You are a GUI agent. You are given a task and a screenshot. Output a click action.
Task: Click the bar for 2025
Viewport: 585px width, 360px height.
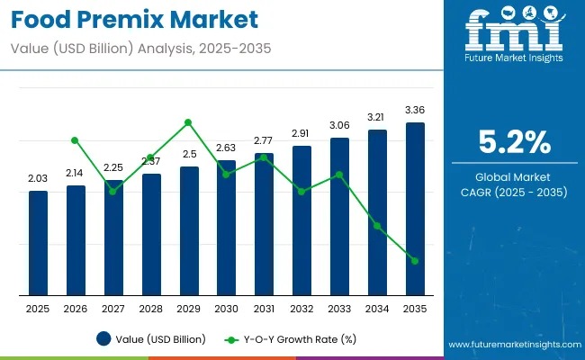coord(38,243)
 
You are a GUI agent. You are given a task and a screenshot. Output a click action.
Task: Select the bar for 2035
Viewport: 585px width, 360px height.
coord(415,209)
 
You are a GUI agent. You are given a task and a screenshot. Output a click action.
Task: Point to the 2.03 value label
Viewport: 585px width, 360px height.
coord(38,179)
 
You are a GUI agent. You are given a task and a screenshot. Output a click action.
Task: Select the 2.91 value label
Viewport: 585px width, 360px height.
coord(301,133)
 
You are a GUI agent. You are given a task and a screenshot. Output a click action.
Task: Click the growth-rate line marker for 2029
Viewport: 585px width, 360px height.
coord(188,122)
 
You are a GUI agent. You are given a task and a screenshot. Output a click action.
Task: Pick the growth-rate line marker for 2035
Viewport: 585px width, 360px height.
coord(415,261)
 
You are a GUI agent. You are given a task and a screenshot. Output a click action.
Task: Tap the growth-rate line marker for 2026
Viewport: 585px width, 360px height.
coord(76,140)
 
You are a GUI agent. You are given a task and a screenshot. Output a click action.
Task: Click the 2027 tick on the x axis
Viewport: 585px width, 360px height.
coord(113,309)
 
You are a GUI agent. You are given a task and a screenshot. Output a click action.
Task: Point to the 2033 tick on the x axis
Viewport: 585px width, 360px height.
coord(339,309)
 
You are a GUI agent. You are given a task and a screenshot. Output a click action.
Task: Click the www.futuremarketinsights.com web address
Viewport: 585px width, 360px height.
coord(509,345)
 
